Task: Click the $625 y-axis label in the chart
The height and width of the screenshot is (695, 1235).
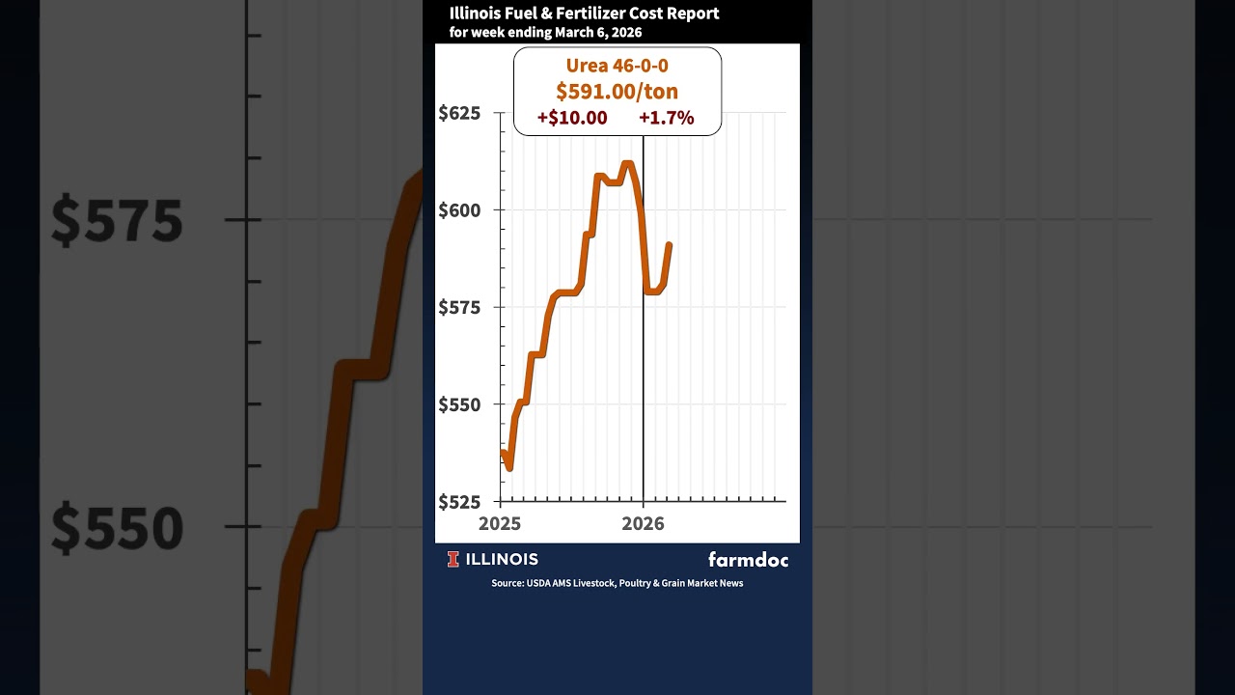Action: click(458, 113)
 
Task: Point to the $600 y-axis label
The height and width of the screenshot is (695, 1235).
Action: click(458, 209)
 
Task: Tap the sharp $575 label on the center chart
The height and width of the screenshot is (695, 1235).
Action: click(458, 307)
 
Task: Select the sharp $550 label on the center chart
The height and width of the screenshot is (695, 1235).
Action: click(458, 404)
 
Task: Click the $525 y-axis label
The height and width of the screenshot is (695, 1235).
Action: click(458, 502)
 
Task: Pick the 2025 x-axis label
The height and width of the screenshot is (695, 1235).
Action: click(500, 523)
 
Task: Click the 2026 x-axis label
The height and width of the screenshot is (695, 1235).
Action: click(643, 523)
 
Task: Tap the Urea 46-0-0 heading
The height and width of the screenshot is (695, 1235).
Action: click(617, 66)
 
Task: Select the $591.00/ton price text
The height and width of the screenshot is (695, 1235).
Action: click(617, 92)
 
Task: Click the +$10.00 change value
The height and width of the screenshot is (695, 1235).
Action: click(572, 118)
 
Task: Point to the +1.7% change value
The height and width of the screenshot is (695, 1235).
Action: click(666, 118)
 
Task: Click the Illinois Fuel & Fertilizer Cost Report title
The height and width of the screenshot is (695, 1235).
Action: click(584, 14)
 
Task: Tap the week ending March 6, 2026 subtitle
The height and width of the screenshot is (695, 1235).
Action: click(545, 32)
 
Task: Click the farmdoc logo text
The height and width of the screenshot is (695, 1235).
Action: click(748, 559)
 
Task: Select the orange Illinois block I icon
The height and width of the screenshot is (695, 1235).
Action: click(453, 559)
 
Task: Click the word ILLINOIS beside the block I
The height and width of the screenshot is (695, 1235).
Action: click(502, 559)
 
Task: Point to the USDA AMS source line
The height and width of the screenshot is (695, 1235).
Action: click(617, 583)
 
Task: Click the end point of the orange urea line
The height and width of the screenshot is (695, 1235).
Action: click(670, 244)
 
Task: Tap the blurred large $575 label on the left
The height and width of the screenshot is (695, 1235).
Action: click(117, 221)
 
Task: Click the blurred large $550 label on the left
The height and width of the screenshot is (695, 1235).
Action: click(117, 528)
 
